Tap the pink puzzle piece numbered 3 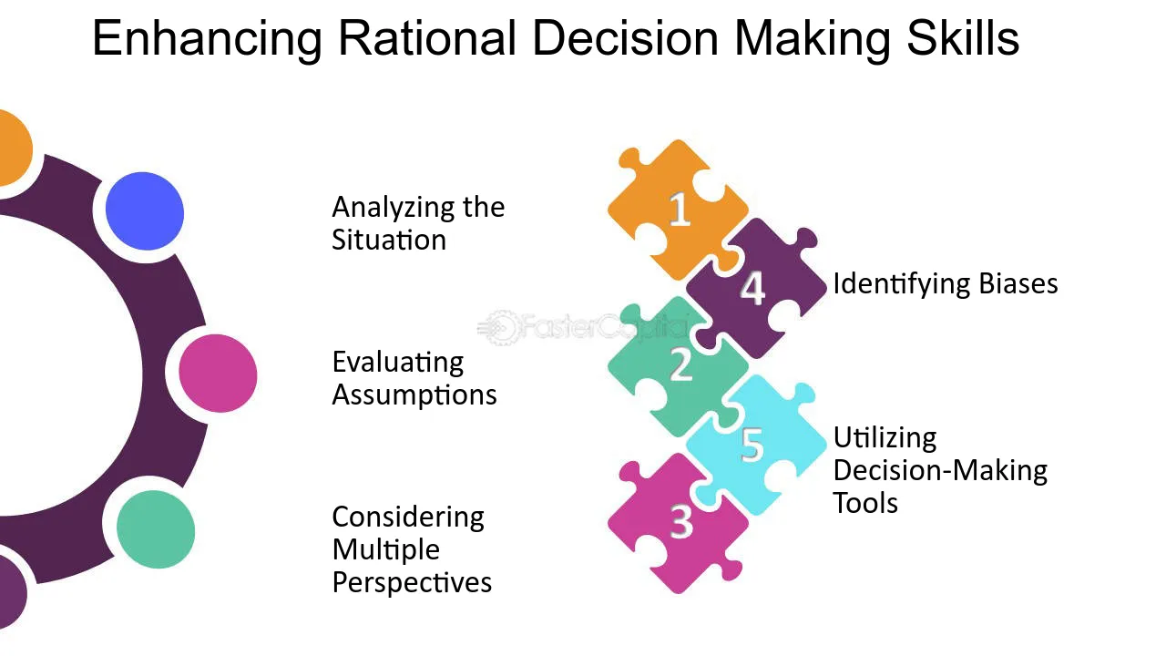[x=679, y=523]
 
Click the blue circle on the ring [x=145, y=211]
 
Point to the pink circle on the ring [x=218, y=374]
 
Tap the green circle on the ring [x=156, y=529]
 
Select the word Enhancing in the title [x=208, y=39]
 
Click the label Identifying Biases [x=945, y=283]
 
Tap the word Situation [x=389, y=241]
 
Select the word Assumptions [x=414, y=395]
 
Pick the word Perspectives [x=412, y=582]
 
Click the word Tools [x=865, y=503]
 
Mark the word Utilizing [x=885, y=437]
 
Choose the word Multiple [x=386, y=549]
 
